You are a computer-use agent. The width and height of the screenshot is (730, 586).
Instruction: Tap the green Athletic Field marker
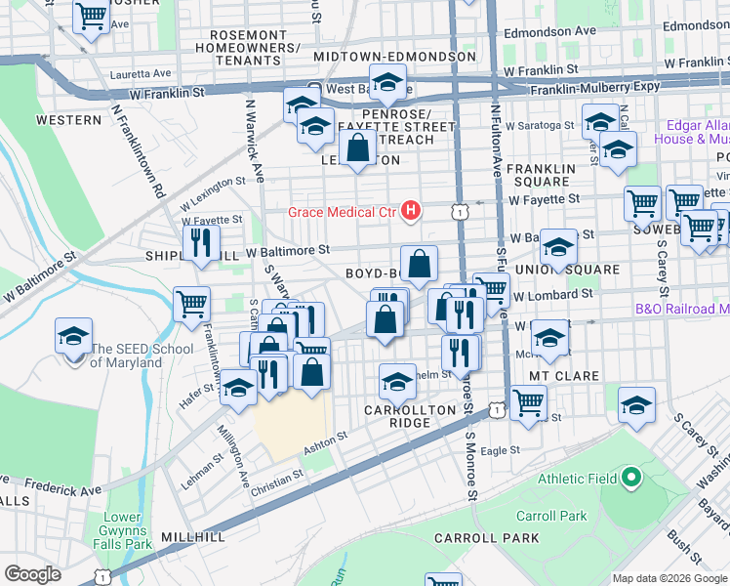630,479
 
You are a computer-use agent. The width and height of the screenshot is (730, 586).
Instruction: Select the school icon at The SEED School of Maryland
73,338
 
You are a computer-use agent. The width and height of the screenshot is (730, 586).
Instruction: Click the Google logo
32,574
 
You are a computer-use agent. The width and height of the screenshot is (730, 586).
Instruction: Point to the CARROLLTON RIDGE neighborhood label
410,416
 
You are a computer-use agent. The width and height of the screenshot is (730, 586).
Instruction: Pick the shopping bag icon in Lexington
359,148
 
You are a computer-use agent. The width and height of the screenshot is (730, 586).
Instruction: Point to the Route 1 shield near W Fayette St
457,211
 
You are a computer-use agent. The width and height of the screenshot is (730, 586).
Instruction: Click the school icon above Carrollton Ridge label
397,383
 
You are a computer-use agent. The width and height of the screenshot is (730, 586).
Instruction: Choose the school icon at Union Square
558,247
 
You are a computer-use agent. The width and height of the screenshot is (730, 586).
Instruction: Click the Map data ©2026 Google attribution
669,578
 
